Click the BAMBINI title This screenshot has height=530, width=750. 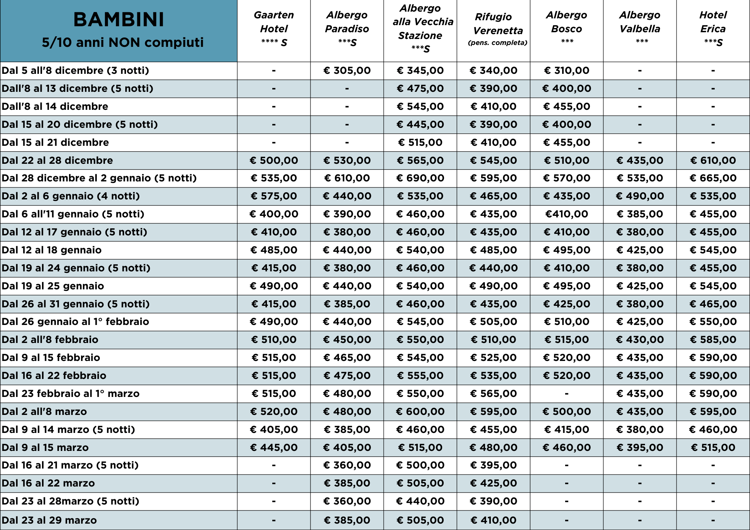[x=118, y=19]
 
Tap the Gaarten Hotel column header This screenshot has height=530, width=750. [x=274, y=28]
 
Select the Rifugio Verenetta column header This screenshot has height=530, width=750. [x=498, y=30]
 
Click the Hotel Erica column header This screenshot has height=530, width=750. [x=713, y=28]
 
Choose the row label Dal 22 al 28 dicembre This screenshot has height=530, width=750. [x=57, y=160]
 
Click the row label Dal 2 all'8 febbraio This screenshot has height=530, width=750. [x=50, y=340]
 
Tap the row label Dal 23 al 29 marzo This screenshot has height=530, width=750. [x=49, y=520]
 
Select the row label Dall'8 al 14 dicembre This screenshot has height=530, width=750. [x=55, y=106]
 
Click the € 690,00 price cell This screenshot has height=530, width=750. [x=420, y=178]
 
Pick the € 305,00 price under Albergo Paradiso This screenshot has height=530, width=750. [x=347, y=70]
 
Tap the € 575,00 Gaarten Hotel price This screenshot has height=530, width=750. [x=274, y=196]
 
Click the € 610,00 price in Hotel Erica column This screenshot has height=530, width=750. [x=713, y=160]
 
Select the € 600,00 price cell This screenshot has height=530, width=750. [x=420, y=412]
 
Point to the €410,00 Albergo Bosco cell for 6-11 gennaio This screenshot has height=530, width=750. [x=566, y=214]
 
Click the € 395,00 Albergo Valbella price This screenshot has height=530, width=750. [x=640, y=448]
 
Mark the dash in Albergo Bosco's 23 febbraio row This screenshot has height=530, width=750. [x=567, y=394]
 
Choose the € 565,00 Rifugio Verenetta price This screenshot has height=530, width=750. [x=493, y=394]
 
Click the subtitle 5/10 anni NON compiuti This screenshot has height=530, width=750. [x=123, y=42]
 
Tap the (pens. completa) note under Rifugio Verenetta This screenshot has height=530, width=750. [x=498, y=43]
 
